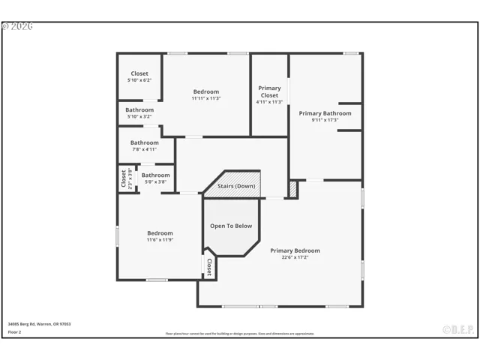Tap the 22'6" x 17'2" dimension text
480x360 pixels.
[x=295, y=257]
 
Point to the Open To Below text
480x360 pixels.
[x=231, y=226]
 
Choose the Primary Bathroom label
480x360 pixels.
[x=325, y=113]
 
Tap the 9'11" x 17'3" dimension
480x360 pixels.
[x=325, y=120]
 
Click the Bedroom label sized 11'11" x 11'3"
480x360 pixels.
[x=205, y=91]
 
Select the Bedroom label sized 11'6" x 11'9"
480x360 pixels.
[x=160, y=232]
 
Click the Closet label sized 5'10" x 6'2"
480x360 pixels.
[x=139, y=73]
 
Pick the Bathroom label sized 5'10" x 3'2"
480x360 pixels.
[x=139, y=109]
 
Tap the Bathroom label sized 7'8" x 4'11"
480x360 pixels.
[x=145, y=142]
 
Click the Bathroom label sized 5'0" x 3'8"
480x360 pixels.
[x=156, y=175]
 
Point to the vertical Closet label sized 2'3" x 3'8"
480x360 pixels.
[x=124, y=178]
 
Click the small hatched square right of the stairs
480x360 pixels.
[x=293, y=190]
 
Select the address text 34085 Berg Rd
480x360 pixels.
[x=39, y=324]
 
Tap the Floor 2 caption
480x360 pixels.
[x=15, y=331]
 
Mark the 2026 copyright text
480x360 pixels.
[x=17, y=26]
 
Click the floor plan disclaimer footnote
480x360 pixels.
[x=240, y=334]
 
